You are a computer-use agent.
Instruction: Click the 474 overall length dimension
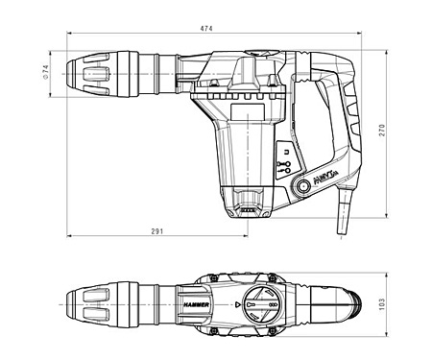[x=205, y=29]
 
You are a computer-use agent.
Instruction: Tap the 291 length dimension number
[x=156, y=231]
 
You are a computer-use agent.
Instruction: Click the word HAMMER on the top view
[x=192, y=302]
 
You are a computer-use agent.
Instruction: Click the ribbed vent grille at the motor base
[x=248, y=203]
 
